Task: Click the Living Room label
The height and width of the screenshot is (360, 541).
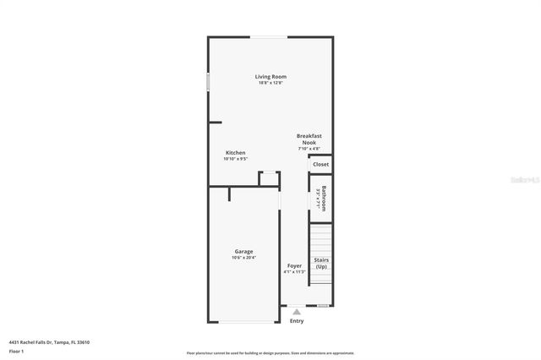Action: [270, 77]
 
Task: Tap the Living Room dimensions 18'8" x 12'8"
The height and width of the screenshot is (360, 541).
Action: [270, 83]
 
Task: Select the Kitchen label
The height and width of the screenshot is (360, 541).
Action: [235, 153]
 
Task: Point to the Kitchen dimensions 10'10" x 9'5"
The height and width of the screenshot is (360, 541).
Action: [235, 159]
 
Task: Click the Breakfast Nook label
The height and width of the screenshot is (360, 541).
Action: [309, 139]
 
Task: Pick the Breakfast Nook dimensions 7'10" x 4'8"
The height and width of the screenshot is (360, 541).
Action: [309, 150]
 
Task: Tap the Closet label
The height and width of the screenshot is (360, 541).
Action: [321, 164]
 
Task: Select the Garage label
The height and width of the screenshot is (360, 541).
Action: [243, 251]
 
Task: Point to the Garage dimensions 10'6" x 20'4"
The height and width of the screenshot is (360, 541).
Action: [243, 258]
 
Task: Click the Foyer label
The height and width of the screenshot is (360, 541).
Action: [294, 265]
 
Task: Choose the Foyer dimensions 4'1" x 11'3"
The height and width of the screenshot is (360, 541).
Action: [294, 272]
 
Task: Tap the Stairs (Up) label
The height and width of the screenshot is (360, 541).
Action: [321, 263]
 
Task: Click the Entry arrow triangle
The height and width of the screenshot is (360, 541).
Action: [296, 312]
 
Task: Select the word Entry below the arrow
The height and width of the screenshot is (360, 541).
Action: [297, 321]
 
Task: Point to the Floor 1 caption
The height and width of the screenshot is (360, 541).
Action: [16, 350]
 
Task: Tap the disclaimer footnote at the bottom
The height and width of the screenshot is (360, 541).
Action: [270, 353]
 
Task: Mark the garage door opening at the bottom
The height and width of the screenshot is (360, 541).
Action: [245, 322]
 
